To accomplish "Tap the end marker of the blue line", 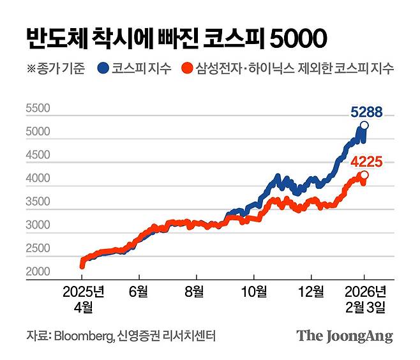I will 364,125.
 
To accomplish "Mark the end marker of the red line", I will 364,175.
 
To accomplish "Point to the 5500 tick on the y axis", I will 38,109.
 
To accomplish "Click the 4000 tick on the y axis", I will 38,179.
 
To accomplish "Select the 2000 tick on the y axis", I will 38,273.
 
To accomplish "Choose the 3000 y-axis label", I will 38,225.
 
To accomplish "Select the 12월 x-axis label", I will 311,292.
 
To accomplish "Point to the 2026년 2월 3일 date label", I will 364,299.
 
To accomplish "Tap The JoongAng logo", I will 344,336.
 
